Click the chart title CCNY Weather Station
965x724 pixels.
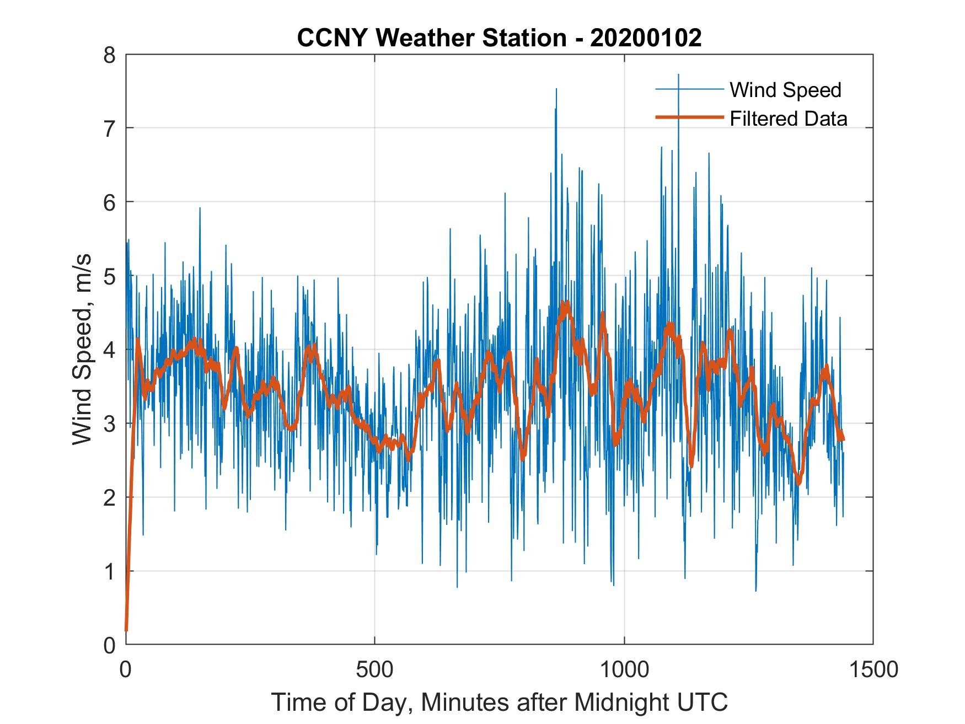coord(431,38)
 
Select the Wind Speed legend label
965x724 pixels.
coord(785,90)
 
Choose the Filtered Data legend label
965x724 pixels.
coord(788,119)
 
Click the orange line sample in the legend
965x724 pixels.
coord(689,117)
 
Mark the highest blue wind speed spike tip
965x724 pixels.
coord(678,74)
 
